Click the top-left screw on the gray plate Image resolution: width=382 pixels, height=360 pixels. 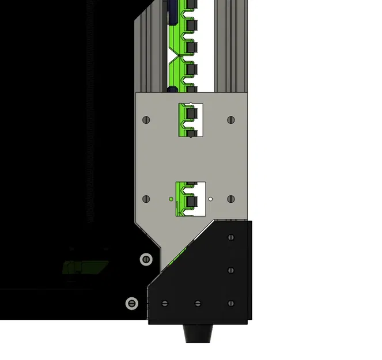click(146, 120)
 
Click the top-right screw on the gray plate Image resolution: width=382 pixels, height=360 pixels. click(231, 120)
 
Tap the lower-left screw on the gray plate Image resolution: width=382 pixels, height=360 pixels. click(146, 199)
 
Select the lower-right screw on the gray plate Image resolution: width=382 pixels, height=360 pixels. click(231, 199)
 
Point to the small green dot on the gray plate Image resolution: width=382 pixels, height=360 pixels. click(171, 199)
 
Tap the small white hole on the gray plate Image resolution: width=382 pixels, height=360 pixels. click(211, 199)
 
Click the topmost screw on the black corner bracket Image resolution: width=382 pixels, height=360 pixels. click(231, 237)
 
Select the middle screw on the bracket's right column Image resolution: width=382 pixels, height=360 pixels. click(231, 270)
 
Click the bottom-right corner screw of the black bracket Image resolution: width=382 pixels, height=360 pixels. click(231, 303)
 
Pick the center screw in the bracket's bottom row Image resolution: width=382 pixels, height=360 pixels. click(198, 303)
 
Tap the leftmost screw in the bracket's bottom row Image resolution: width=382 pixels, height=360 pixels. click(165, 303)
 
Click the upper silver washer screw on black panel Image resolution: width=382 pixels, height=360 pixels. click(146, 259)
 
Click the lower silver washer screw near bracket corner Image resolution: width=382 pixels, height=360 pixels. click(133, 302)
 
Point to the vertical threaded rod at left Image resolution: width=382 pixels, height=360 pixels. click(90, 115)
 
